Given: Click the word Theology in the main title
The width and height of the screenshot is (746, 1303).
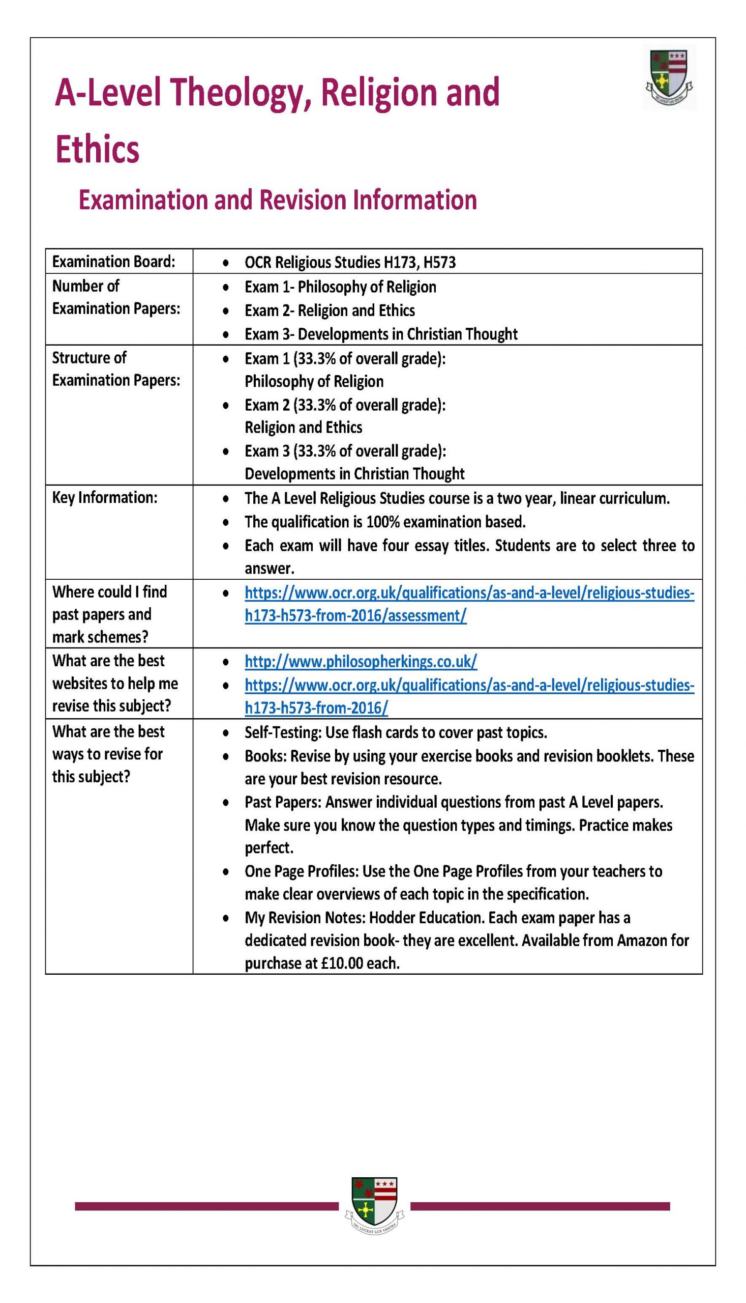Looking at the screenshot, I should (240, 93).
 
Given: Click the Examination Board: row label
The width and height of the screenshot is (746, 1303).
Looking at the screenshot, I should (113, 262).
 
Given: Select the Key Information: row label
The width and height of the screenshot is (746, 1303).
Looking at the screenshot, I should (105, 497).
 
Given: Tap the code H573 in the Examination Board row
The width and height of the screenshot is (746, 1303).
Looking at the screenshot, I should (439, 263).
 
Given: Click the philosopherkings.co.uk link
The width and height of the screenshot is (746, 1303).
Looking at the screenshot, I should (361, 662).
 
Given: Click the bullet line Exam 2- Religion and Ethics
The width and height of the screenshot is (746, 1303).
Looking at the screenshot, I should (330, 310).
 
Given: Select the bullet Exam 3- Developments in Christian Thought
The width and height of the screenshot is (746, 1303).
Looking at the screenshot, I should (381, 334).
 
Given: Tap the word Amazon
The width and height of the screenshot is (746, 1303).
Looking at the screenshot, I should (641, 941).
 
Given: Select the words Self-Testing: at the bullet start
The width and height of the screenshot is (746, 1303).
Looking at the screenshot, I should (283, 732).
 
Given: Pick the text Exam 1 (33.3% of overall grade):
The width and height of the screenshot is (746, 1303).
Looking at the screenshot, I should (345, 358).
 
